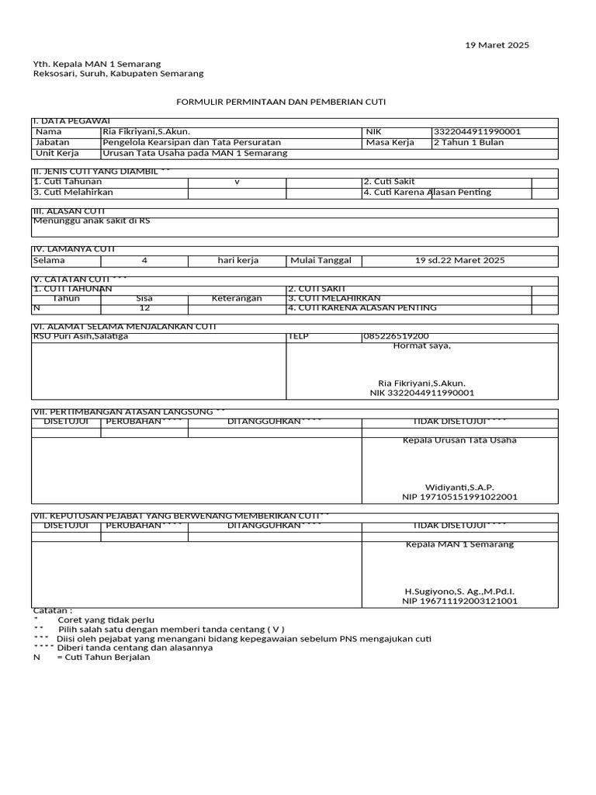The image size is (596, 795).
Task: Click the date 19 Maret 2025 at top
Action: tap(497, 45)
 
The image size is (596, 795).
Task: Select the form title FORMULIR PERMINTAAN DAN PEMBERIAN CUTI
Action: tap(281, 102)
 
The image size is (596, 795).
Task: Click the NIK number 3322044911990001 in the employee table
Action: tap(476, 132)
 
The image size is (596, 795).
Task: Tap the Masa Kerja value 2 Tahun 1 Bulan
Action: tap(468, 142)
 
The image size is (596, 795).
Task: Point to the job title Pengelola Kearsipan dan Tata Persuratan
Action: tap(192, 142)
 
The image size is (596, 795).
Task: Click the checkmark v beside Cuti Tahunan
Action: tap(237, 182)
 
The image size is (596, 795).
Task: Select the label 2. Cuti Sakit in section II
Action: tap(389, 182)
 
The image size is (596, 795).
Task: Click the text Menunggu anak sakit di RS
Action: tap(91, 221)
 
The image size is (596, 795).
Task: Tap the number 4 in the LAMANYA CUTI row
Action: tap(144, 260)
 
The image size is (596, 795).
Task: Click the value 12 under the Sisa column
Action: tap(144, 308)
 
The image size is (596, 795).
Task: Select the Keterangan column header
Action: tap(237, 298)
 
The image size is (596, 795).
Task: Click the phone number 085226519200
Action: tap(395, 336)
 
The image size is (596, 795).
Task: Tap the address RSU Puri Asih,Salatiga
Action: tap(81, 336)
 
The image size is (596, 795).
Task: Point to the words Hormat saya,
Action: tap(421, 346)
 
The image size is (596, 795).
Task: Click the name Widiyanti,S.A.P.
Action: tap(459, 488)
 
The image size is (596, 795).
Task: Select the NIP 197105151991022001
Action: tap(459, 497)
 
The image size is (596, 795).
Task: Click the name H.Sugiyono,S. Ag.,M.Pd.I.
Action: tap(459, 592)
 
